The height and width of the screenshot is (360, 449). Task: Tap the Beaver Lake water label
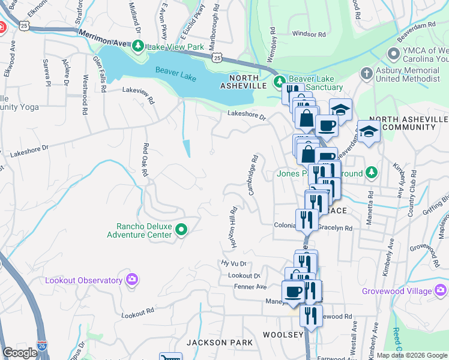click(175, 71)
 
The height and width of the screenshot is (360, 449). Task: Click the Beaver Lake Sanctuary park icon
click(279, 81)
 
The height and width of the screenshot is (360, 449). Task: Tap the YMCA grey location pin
click(394, 54)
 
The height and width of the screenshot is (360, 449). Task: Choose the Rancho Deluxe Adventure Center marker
click(183, 229)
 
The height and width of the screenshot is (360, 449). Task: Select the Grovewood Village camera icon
click(441, 291)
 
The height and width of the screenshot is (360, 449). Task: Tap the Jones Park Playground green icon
click(372, 173)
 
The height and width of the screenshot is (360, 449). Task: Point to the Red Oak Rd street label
click(145, 160)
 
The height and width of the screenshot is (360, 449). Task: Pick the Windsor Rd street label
click(308, 34)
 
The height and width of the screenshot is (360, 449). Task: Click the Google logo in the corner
click(20, 353)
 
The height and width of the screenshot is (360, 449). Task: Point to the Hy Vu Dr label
click(234, 263)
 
